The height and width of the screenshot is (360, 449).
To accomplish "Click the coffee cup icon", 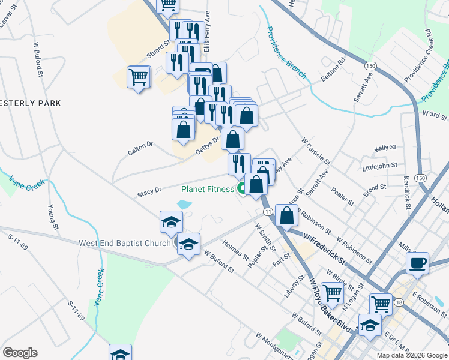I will pos(417,262).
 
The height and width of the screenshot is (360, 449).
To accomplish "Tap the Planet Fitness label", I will pos(208,189).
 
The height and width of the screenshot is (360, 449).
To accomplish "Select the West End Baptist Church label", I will pos(125,243).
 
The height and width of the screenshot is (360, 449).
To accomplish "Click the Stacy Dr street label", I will pos(149,192).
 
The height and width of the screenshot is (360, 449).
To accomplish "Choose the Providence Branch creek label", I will pos(286,52).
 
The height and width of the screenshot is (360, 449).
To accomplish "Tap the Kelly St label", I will pos(385,147).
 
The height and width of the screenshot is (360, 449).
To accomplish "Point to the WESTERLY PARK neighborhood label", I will pos(30,103).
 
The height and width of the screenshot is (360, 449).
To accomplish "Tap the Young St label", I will pos(53,218).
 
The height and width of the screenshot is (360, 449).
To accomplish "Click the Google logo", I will pos(20,353).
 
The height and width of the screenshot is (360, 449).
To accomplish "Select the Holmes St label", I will pos(235,250).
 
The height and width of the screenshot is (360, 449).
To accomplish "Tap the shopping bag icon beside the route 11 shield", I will pos(288,215).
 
